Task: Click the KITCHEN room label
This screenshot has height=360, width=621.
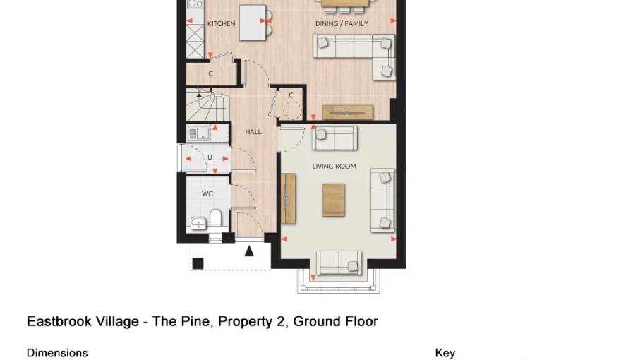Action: pyautogui.click(x=221, y=24)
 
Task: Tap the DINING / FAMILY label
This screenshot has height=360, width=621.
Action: pyautogui.click(x=342, y=24)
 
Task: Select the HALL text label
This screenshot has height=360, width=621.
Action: pyautogui.click(x=253, y=132)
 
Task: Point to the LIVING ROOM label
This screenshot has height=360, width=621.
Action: pyautogui.click(x=334, y=167)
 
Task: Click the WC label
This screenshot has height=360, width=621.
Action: pyautogui.click(x=207, y=193)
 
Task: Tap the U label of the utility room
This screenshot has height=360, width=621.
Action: pyautogui.click(x=210, y=157)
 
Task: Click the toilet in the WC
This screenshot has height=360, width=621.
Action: pyautogui.click(x=217, y=218)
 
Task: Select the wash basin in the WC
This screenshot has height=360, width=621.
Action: pyautogui.click(x=198, y=224)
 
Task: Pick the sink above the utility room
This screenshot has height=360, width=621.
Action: pyautogui.click(x=199, y=132)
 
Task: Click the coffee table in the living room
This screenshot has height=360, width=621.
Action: pyautogui.click(x=334, y=199)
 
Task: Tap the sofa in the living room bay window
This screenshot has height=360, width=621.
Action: pyautogui.click(x=339, y=263)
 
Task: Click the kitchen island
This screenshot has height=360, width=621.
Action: pyautogui.click(x=253, y=23)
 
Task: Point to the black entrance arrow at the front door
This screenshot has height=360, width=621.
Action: pyautogui.click(x=249, y=251)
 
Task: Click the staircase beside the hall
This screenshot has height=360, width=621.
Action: pyautogui.click(x=208, y=107)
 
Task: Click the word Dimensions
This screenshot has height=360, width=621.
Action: pyautogui.click(x=57, y=352)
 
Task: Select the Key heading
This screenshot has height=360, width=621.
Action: pyautogui.click(x=445, y=352)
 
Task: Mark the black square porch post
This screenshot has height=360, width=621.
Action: pyautogui.click(x=198, y=263)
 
